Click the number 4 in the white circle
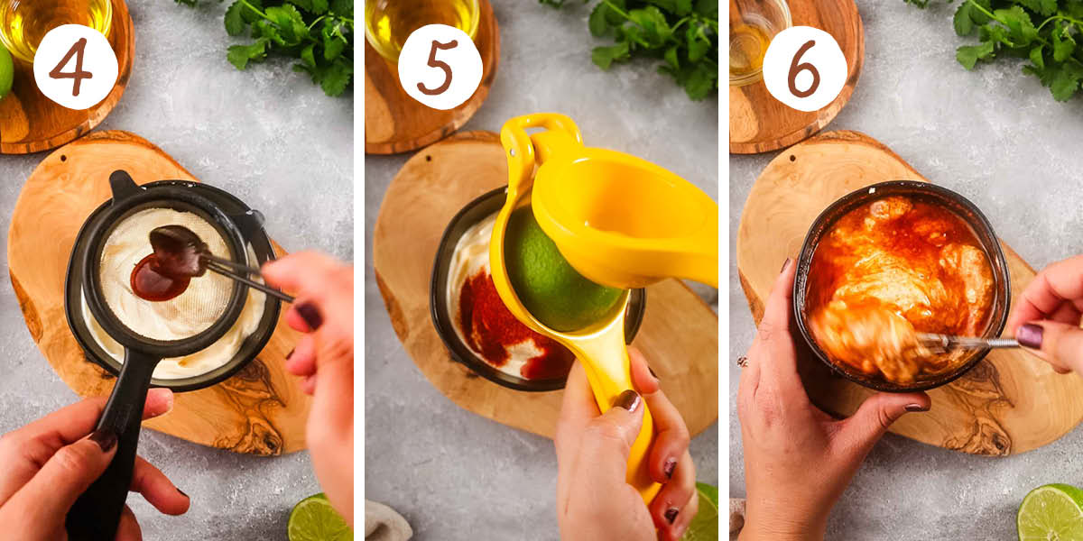[x=75, y=66]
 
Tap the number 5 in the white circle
[x=440, y=66]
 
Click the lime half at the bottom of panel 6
[x=1052, y=513]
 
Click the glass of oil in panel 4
[x=54, y=23]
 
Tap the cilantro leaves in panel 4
[x=289, y=41]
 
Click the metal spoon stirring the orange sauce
[x=957, y=341]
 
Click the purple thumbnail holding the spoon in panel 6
[x=1030, y=335]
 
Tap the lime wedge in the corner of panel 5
[x=703, y=514]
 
